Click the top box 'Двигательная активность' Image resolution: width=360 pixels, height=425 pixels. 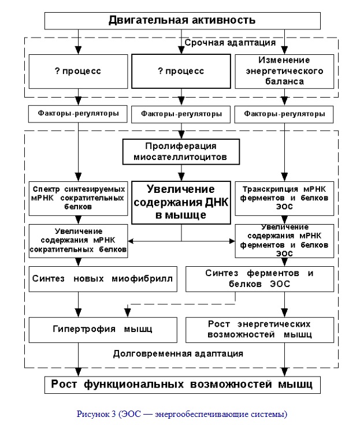pos(182,21)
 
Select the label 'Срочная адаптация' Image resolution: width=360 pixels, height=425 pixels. pos(230,43)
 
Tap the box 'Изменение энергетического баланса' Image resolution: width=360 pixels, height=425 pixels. pos(284,71)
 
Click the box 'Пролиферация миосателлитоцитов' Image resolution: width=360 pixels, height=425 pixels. pos(181,152)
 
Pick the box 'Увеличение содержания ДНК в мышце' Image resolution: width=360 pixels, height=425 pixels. pos(181,203)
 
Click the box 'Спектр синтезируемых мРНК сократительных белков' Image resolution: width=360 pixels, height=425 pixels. pos(78,199)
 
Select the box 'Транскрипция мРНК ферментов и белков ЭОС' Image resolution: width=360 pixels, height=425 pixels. pos(284,199)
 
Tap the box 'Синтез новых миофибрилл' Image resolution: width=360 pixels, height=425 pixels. pos(103,279)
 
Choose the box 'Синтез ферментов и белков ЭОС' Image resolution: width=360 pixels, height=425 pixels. pos(259,279)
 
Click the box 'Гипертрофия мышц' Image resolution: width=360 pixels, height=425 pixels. pos(103,330)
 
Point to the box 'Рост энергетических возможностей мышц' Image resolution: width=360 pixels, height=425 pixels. pos(259,330)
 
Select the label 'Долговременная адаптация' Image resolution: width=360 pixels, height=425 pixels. pos(178,354)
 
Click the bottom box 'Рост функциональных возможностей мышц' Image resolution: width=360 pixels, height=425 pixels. pos(182,385)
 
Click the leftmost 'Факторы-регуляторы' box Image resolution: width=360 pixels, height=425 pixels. pos(78,114)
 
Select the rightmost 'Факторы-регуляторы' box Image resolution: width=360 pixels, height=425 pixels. pos(284,114)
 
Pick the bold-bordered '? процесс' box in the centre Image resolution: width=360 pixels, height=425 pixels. pos(181,71)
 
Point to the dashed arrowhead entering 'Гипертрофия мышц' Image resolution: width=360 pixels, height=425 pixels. pos(128,313)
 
